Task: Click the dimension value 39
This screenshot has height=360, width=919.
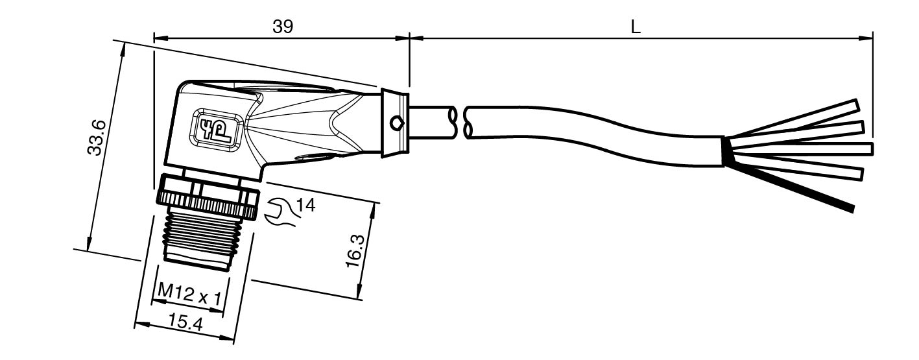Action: click(x=283, y=27)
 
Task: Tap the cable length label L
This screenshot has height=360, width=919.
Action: click(x=635, y=27)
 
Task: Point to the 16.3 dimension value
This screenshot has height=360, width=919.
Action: click(x=355, y=251)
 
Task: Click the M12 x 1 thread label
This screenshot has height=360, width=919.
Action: click(x=189, y=294)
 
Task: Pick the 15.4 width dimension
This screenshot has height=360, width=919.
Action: click(x=185, y=322)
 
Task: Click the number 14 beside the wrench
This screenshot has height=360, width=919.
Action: click(x=305, y=205)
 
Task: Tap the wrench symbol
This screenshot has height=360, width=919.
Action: click(x=281, y=212)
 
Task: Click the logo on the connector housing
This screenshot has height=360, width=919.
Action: click(x=214, y=128)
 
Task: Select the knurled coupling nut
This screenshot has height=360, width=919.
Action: click(x=208, y=197)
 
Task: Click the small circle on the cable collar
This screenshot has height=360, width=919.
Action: click(x=396, y=123)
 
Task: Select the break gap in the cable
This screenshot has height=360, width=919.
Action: click(x=459, y=122)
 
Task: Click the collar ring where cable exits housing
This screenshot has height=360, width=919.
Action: click(x=395, y=123)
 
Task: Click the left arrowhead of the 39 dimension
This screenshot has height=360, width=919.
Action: click(x=161, y=38)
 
